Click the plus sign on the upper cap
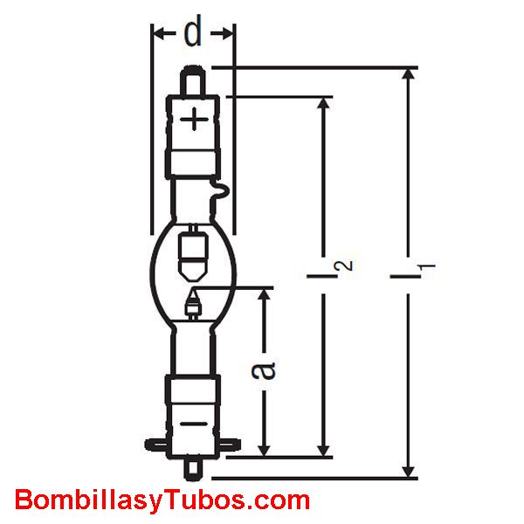pos(194,119)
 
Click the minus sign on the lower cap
pos(194,424)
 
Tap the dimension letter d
pos(193,31)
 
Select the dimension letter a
pos(264,370)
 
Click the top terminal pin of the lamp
pos(193,80)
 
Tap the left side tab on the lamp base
pos(156,445)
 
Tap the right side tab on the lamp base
pos(230,445)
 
